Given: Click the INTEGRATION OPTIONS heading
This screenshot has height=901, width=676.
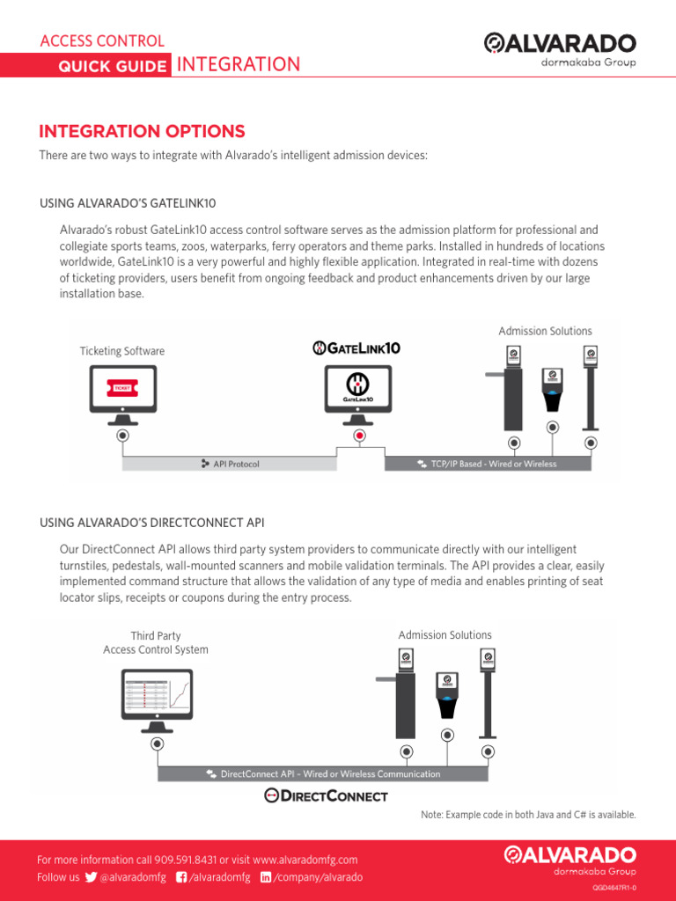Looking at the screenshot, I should [x=142, y=131].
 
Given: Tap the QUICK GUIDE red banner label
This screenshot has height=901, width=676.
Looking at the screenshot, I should [x=112, y=66].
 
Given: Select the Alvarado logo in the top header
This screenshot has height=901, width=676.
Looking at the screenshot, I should [x=560, y=48].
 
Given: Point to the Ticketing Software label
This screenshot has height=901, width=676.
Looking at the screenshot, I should [x=122, y=351].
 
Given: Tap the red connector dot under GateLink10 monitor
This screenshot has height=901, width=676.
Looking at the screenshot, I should [x=359, y=435].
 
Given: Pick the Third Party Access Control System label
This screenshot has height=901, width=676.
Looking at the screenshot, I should [x=156, y=642].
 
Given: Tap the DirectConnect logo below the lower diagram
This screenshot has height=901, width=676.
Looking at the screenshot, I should [x=327, y=795].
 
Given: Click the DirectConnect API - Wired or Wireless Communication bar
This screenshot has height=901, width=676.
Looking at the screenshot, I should [x=323, y=773].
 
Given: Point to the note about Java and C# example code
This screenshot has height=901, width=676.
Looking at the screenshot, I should [x=528, y=815].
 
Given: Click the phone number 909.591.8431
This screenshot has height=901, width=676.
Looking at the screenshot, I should [x=185, y=860].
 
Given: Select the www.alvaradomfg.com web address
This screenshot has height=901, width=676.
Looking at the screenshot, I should [x=305, y=860].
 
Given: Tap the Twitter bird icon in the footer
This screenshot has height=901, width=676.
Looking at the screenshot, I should [x=91, y=877].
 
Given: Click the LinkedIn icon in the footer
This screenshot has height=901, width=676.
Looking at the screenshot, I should [x=267, y=877].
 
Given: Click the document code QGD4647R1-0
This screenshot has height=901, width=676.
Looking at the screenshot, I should [x=614, y=889].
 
